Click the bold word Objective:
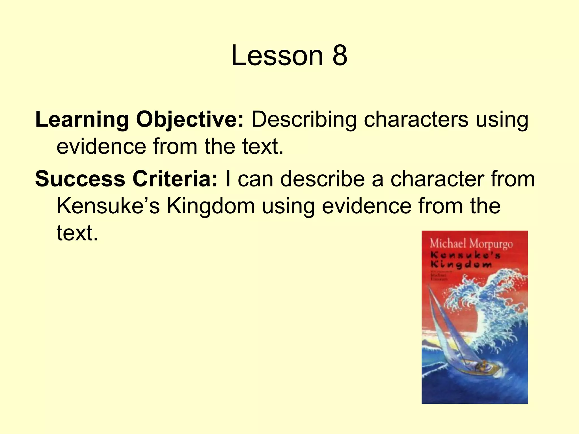click(x=190, y=120)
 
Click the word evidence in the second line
click(x=101, y=147)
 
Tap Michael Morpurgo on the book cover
click(x=471, y=244)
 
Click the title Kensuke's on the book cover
click(x=465, y=255)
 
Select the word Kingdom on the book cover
click(x=461, y=265)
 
